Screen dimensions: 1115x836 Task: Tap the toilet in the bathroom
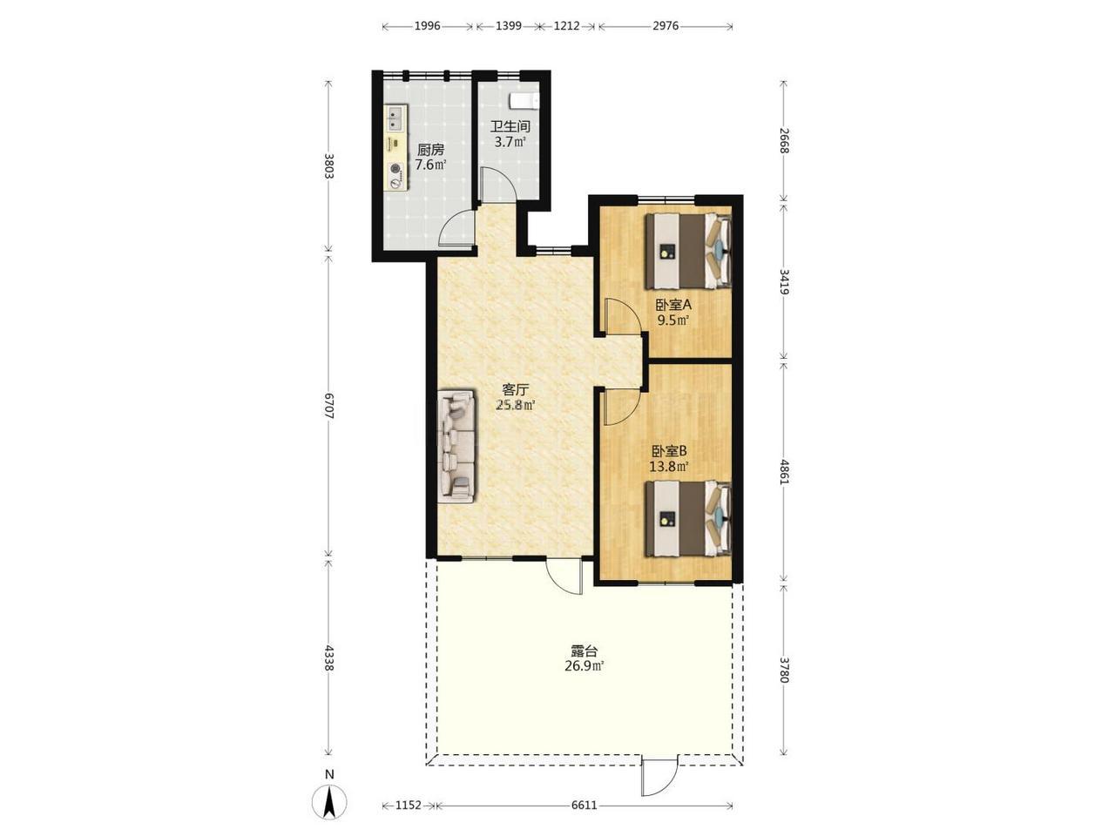click(x=523, y=100)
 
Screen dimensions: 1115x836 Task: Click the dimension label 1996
click(x=427, y=26)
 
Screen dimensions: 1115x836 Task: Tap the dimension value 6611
click(x=585, y=805)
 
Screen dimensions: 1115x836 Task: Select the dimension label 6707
click(x=328, y=405)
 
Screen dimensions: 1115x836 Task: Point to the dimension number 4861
click(x=785, y=471)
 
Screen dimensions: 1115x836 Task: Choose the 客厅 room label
click(x=516, y=390)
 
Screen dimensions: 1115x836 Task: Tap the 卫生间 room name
click(x=510, y=126)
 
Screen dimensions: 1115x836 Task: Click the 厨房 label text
click(x=431, y=150)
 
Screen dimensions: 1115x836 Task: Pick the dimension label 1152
click(x=409, y=805)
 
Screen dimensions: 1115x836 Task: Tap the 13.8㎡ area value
click(x=669, y=466)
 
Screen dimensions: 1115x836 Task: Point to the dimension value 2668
click(x=785, y=140)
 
